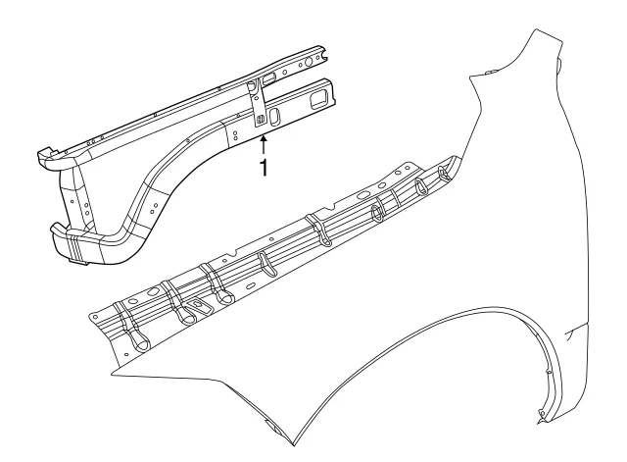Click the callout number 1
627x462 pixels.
pos(264,168)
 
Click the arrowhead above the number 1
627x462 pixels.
pos(264,139)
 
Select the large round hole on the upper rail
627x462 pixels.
pos(308,62)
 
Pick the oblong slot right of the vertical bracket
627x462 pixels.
pos(274,116)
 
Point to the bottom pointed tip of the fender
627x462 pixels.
pos(294,444)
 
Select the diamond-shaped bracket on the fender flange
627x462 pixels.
pos(198,307)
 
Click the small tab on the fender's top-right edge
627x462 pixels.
pos(559,63)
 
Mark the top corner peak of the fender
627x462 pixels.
pos(537,30)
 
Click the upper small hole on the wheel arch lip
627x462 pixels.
pos(548,373)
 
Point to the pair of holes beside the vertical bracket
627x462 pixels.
pos(235,135)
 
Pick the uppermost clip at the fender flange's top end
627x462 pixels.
pos(444,171)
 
